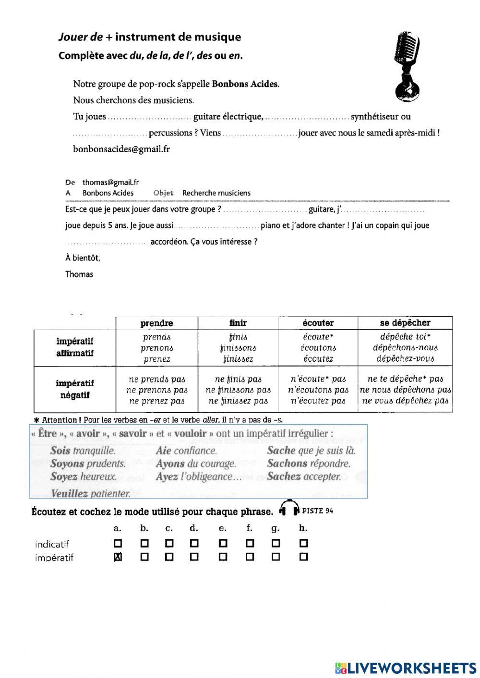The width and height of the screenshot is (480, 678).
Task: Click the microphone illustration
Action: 407,67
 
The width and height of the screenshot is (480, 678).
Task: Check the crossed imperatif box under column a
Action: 118,557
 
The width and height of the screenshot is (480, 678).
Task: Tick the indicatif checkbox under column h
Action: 303,544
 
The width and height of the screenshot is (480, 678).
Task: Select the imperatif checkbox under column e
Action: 223,557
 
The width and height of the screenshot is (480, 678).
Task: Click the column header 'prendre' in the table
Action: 156,323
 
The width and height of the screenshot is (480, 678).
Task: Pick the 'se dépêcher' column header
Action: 405,323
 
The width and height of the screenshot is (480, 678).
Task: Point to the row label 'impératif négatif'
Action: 74,389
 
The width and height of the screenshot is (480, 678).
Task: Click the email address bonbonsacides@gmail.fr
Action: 121,149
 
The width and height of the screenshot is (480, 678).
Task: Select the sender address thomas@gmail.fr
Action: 110,182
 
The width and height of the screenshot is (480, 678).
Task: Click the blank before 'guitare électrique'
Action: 149,117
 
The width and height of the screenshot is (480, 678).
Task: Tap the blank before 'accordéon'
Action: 107,242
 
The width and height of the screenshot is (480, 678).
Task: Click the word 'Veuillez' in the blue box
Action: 69,493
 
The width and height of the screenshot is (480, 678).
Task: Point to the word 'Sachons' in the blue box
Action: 287,464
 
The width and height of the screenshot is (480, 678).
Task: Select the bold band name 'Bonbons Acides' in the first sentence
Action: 245,84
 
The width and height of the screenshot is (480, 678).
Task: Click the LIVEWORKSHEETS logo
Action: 405,667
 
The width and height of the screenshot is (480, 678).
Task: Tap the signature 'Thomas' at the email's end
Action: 79,274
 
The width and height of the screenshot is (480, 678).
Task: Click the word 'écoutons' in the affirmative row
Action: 318,348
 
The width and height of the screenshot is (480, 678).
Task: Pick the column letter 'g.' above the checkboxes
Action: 276,528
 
